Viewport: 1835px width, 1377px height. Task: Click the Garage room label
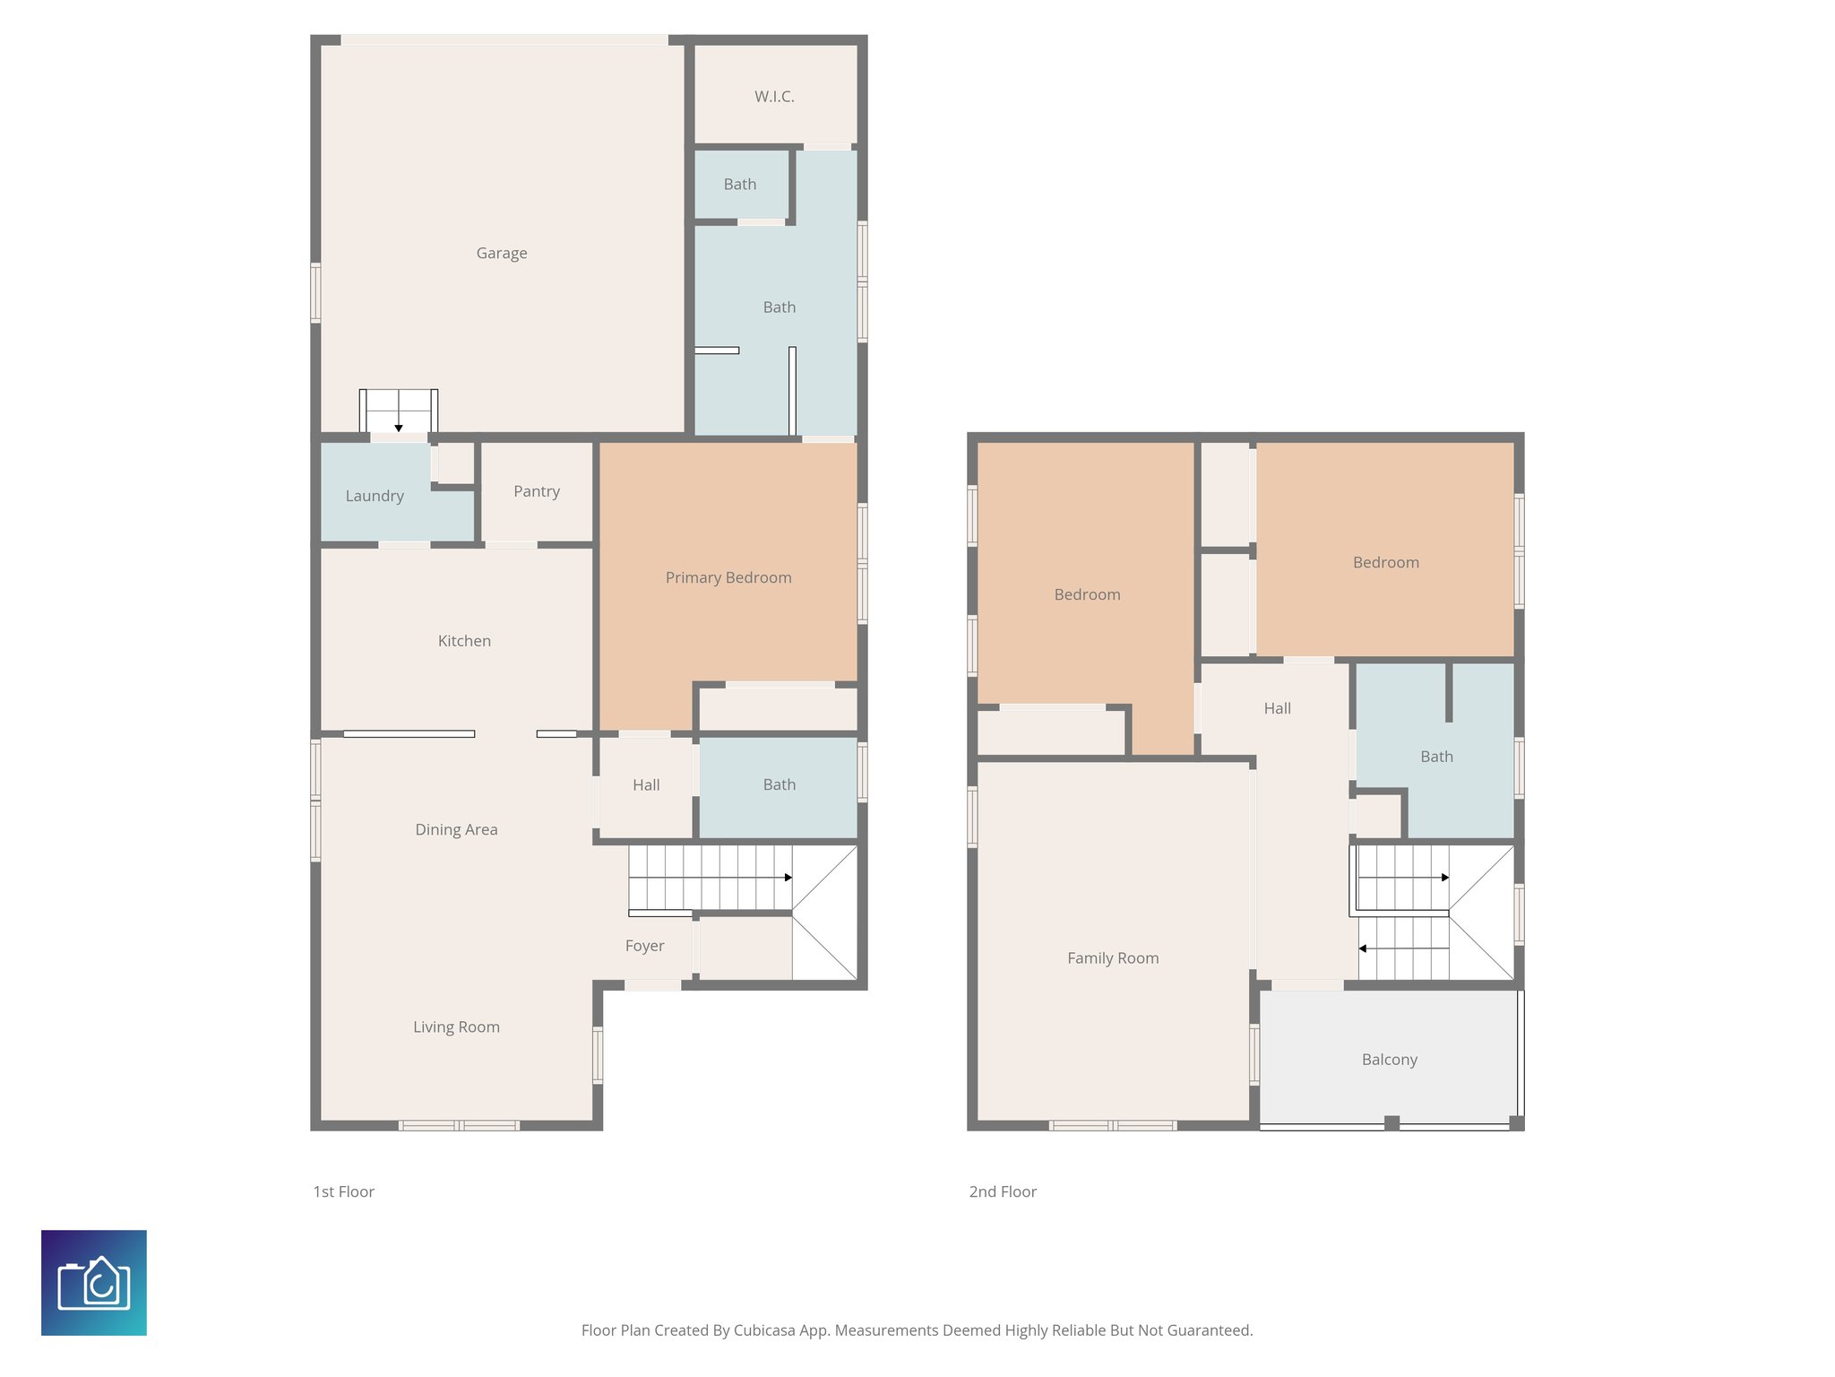[502, 254]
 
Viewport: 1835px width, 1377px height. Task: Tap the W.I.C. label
[774, 97]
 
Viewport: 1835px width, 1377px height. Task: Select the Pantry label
[537, 491]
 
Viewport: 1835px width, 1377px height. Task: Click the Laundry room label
[375, 496]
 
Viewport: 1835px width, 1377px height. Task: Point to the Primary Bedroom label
[728, 578]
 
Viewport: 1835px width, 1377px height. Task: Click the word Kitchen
[464, 641]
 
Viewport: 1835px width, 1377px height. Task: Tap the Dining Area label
[456, 830]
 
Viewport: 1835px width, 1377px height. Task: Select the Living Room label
[456, 1027]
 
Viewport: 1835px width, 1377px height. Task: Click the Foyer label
[644, 946]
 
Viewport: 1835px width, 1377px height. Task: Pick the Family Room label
[1113, 958]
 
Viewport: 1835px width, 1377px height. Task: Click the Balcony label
[1389, 1060]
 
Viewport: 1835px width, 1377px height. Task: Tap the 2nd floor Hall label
[1277, 709]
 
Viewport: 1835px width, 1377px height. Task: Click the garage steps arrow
[399, 428]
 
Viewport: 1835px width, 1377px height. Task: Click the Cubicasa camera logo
[94, 1283]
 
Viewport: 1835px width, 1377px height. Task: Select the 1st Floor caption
[343, 1192]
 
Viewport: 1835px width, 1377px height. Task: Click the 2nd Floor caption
[1003, 1192]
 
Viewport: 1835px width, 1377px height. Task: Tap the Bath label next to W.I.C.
[740, 185]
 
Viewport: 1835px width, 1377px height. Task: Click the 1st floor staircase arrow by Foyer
[788, 878]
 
